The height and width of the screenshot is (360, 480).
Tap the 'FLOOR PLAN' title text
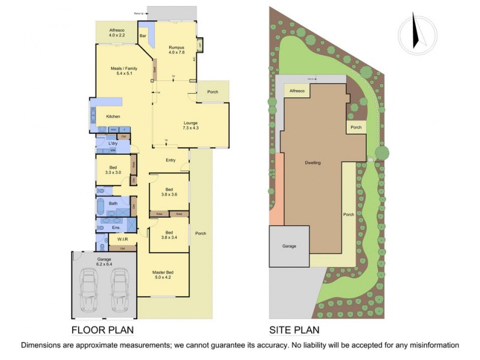[x=102, y=329]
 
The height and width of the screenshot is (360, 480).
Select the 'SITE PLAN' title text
[x=294, y=329]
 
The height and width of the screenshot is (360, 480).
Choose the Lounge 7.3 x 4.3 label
[x=191, y=125]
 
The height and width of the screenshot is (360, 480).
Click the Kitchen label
[x=113, y=116]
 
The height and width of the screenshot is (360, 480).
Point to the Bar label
[x=143, y=37]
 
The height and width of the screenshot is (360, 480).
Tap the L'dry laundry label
[x=112, y=144]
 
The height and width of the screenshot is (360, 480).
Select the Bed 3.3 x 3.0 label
[x=112, y=170]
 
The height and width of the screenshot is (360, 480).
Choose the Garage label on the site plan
[x=289, y=246]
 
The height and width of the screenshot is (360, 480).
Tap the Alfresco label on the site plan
[x=297, y=91]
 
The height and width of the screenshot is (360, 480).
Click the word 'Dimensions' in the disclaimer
[x=43, y=345]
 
